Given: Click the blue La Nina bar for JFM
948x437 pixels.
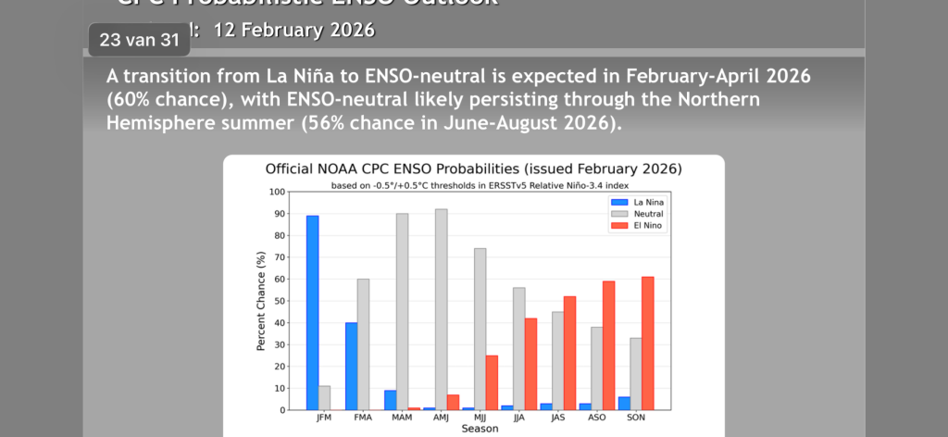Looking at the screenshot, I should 312,312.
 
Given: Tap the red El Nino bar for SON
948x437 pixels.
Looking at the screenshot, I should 647,343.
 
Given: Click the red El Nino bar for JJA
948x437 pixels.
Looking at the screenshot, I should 531,364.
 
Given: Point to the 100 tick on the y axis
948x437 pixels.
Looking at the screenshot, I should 278,193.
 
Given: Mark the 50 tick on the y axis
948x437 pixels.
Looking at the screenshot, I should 280,301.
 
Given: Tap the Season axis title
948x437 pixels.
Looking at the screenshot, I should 480,429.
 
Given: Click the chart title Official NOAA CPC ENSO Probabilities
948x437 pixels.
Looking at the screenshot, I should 473,169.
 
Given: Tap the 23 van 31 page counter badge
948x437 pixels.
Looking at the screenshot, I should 139,40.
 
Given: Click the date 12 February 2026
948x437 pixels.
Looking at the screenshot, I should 293,30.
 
